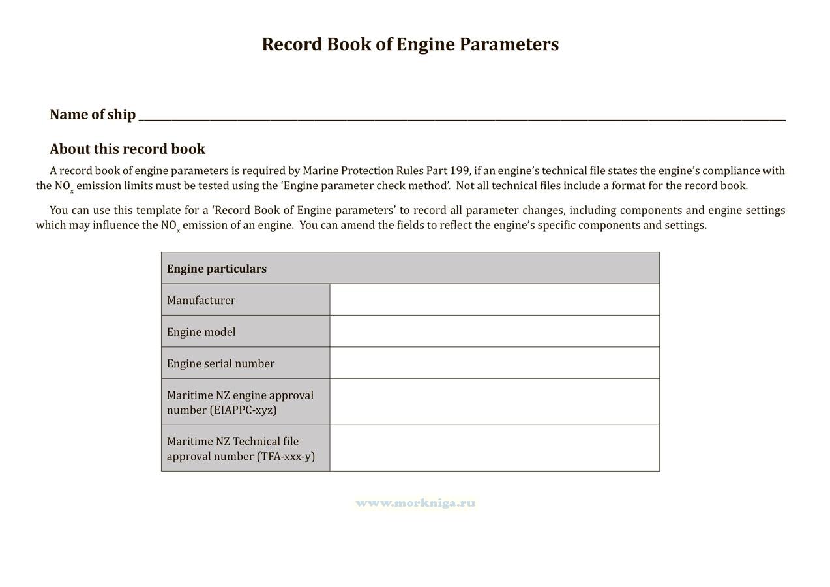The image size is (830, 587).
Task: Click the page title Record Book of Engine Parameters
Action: (410, 44)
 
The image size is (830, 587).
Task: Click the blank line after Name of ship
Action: (462, 115)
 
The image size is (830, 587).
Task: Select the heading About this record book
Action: (127, 149)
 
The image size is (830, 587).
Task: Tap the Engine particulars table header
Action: (216, 269)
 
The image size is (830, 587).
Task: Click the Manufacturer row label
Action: (201, 300)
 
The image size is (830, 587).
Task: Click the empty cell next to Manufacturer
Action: (494, 300)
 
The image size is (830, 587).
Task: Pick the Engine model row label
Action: (201, 332)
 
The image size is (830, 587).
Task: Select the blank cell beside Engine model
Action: (494, 331)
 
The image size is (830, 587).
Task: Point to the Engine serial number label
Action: (220, 363)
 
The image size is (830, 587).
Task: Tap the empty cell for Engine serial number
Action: (494, 363)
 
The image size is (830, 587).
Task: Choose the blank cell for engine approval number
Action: (494, 402)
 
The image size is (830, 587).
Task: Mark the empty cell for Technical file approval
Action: (494, 448)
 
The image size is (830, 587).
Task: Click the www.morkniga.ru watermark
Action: (415, 503)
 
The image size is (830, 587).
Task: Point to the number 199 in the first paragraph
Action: (460, 171)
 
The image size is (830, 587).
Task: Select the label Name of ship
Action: (93, 115)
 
